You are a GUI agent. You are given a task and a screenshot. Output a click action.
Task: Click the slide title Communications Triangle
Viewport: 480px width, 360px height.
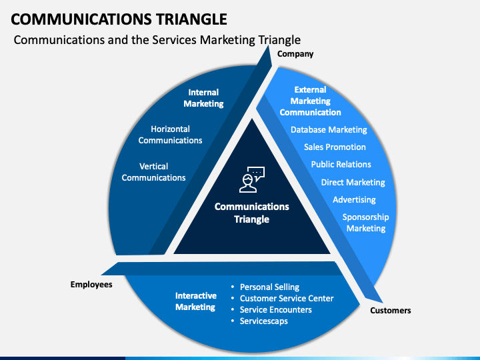(119, 19)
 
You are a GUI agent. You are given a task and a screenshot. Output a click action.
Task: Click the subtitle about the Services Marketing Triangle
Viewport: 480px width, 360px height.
(157, 40)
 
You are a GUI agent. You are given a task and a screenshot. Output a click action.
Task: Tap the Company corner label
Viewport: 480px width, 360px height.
(295, 54)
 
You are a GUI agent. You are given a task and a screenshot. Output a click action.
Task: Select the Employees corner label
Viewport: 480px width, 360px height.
(91, 285)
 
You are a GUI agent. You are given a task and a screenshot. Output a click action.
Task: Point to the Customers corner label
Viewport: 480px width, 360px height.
(390, 311)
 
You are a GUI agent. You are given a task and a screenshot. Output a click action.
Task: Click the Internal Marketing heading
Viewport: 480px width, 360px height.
(203, 98)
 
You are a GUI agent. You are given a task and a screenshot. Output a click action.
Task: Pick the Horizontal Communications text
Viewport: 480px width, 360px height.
(170, 135)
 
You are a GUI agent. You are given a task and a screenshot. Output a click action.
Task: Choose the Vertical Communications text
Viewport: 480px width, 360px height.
(154, 172)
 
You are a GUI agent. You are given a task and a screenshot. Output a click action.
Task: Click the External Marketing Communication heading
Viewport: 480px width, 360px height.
(310, 101)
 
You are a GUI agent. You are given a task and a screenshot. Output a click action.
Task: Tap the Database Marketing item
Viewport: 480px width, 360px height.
(329, 130)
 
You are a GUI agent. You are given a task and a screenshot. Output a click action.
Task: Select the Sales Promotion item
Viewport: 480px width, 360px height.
(335, 147)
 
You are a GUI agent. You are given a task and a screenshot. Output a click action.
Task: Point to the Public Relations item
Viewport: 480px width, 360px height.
(341, 165)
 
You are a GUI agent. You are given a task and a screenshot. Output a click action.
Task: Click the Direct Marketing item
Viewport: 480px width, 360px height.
(353, 183)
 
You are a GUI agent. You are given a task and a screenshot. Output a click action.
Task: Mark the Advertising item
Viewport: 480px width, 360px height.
(354, 200)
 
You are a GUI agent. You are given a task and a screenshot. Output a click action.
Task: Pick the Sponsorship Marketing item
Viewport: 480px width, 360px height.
(366, 223)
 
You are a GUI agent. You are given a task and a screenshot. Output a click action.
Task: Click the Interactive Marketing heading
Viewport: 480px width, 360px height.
(195, 301)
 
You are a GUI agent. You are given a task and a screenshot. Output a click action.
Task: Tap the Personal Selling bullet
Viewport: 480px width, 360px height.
(269, 287)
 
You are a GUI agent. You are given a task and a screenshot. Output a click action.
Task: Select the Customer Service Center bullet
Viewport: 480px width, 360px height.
(287, 299)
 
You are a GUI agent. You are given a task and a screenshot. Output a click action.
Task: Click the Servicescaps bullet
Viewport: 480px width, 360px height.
(263, 321)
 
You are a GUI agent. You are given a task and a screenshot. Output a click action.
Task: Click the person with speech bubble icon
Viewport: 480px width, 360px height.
(251, 179)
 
